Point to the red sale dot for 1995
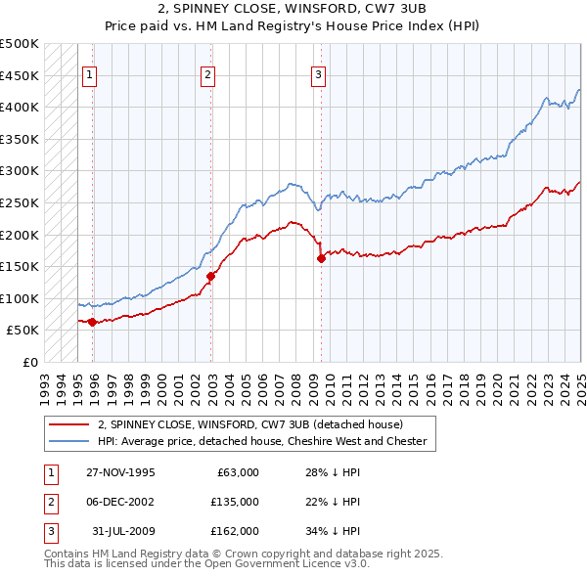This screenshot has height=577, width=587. tap(92, 322)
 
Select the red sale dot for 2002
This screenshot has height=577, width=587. tap(210, 276)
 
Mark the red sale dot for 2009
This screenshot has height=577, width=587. tap(321, 258)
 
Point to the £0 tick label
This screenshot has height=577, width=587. tap(30, 362)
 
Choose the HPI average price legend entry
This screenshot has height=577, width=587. tap(262, 441)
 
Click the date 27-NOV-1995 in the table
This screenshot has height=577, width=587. tap(120, 472)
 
